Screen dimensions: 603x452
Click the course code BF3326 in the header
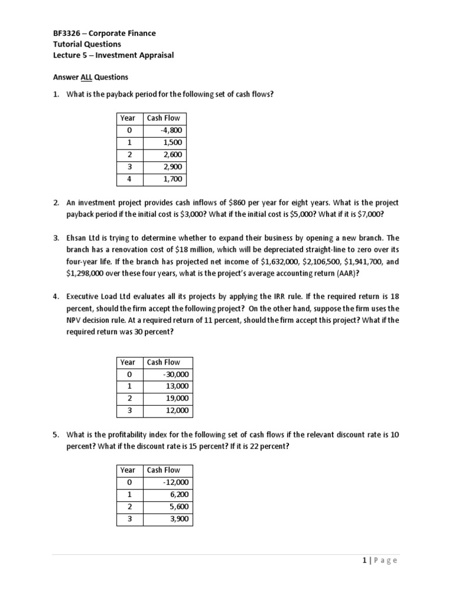66,34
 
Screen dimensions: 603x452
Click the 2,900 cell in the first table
172,167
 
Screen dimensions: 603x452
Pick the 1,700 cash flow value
172,179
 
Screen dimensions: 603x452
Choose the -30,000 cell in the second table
177,375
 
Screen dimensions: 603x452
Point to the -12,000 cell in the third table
177,482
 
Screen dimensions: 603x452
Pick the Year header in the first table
128,118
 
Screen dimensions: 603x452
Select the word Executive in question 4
85,297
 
